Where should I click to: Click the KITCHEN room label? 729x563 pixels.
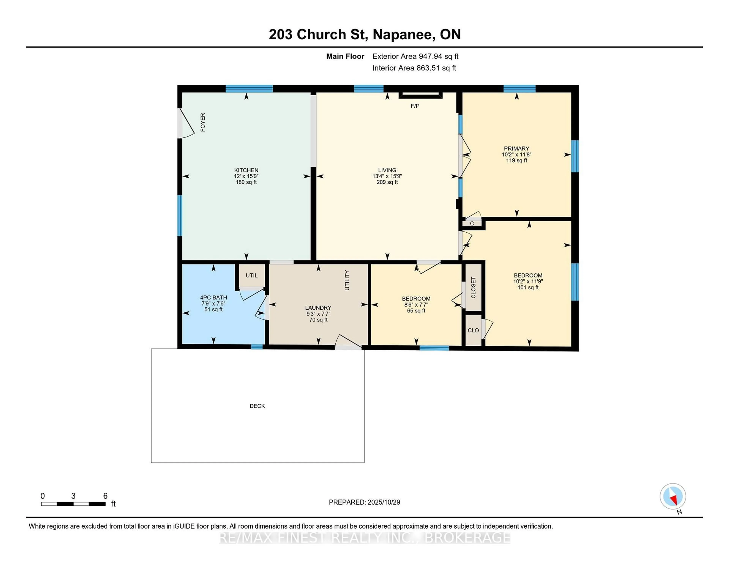[246, 170]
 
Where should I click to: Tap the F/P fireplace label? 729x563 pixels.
[415, 106]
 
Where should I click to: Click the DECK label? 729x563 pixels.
[257, 406]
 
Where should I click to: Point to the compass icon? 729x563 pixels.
[673, 496]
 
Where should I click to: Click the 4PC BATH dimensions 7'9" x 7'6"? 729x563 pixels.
[213, 304]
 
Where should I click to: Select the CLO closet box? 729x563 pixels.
[473, 330]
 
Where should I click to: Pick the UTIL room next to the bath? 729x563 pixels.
[251, 275]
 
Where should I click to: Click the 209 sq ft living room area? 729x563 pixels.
[387, 182]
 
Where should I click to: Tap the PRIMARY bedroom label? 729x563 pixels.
[516, 148]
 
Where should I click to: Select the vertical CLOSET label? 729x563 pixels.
[473, 288]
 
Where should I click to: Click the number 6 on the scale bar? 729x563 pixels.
[105, 496]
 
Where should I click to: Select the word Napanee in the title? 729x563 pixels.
[404, 34]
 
